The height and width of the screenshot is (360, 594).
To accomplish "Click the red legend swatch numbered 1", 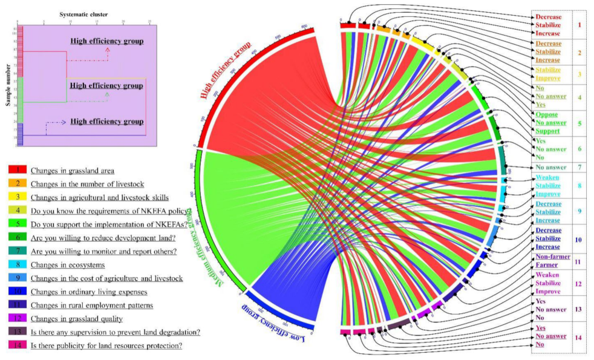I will tap(17, 171).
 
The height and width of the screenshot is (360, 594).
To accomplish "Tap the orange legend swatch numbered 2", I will tap(17, 183).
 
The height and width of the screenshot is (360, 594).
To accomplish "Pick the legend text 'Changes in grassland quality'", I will tap(77, 318).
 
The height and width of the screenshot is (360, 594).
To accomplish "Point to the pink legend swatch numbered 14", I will tap(17, 345).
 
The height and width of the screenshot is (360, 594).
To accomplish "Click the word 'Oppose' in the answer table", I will tap(547, 114).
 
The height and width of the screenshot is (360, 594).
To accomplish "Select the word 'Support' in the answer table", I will tap(548, 131).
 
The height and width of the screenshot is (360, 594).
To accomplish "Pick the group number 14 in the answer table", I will tap(579, 336).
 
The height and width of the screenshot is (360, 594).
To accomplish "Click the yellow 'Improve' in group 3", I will tap(548, 78).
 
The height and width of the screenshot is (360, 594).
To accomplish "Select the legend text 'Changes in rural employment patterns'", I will tap(92, 305).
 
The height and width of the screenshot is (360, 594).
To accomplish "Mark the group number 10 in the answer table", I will tap(579, 239).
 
